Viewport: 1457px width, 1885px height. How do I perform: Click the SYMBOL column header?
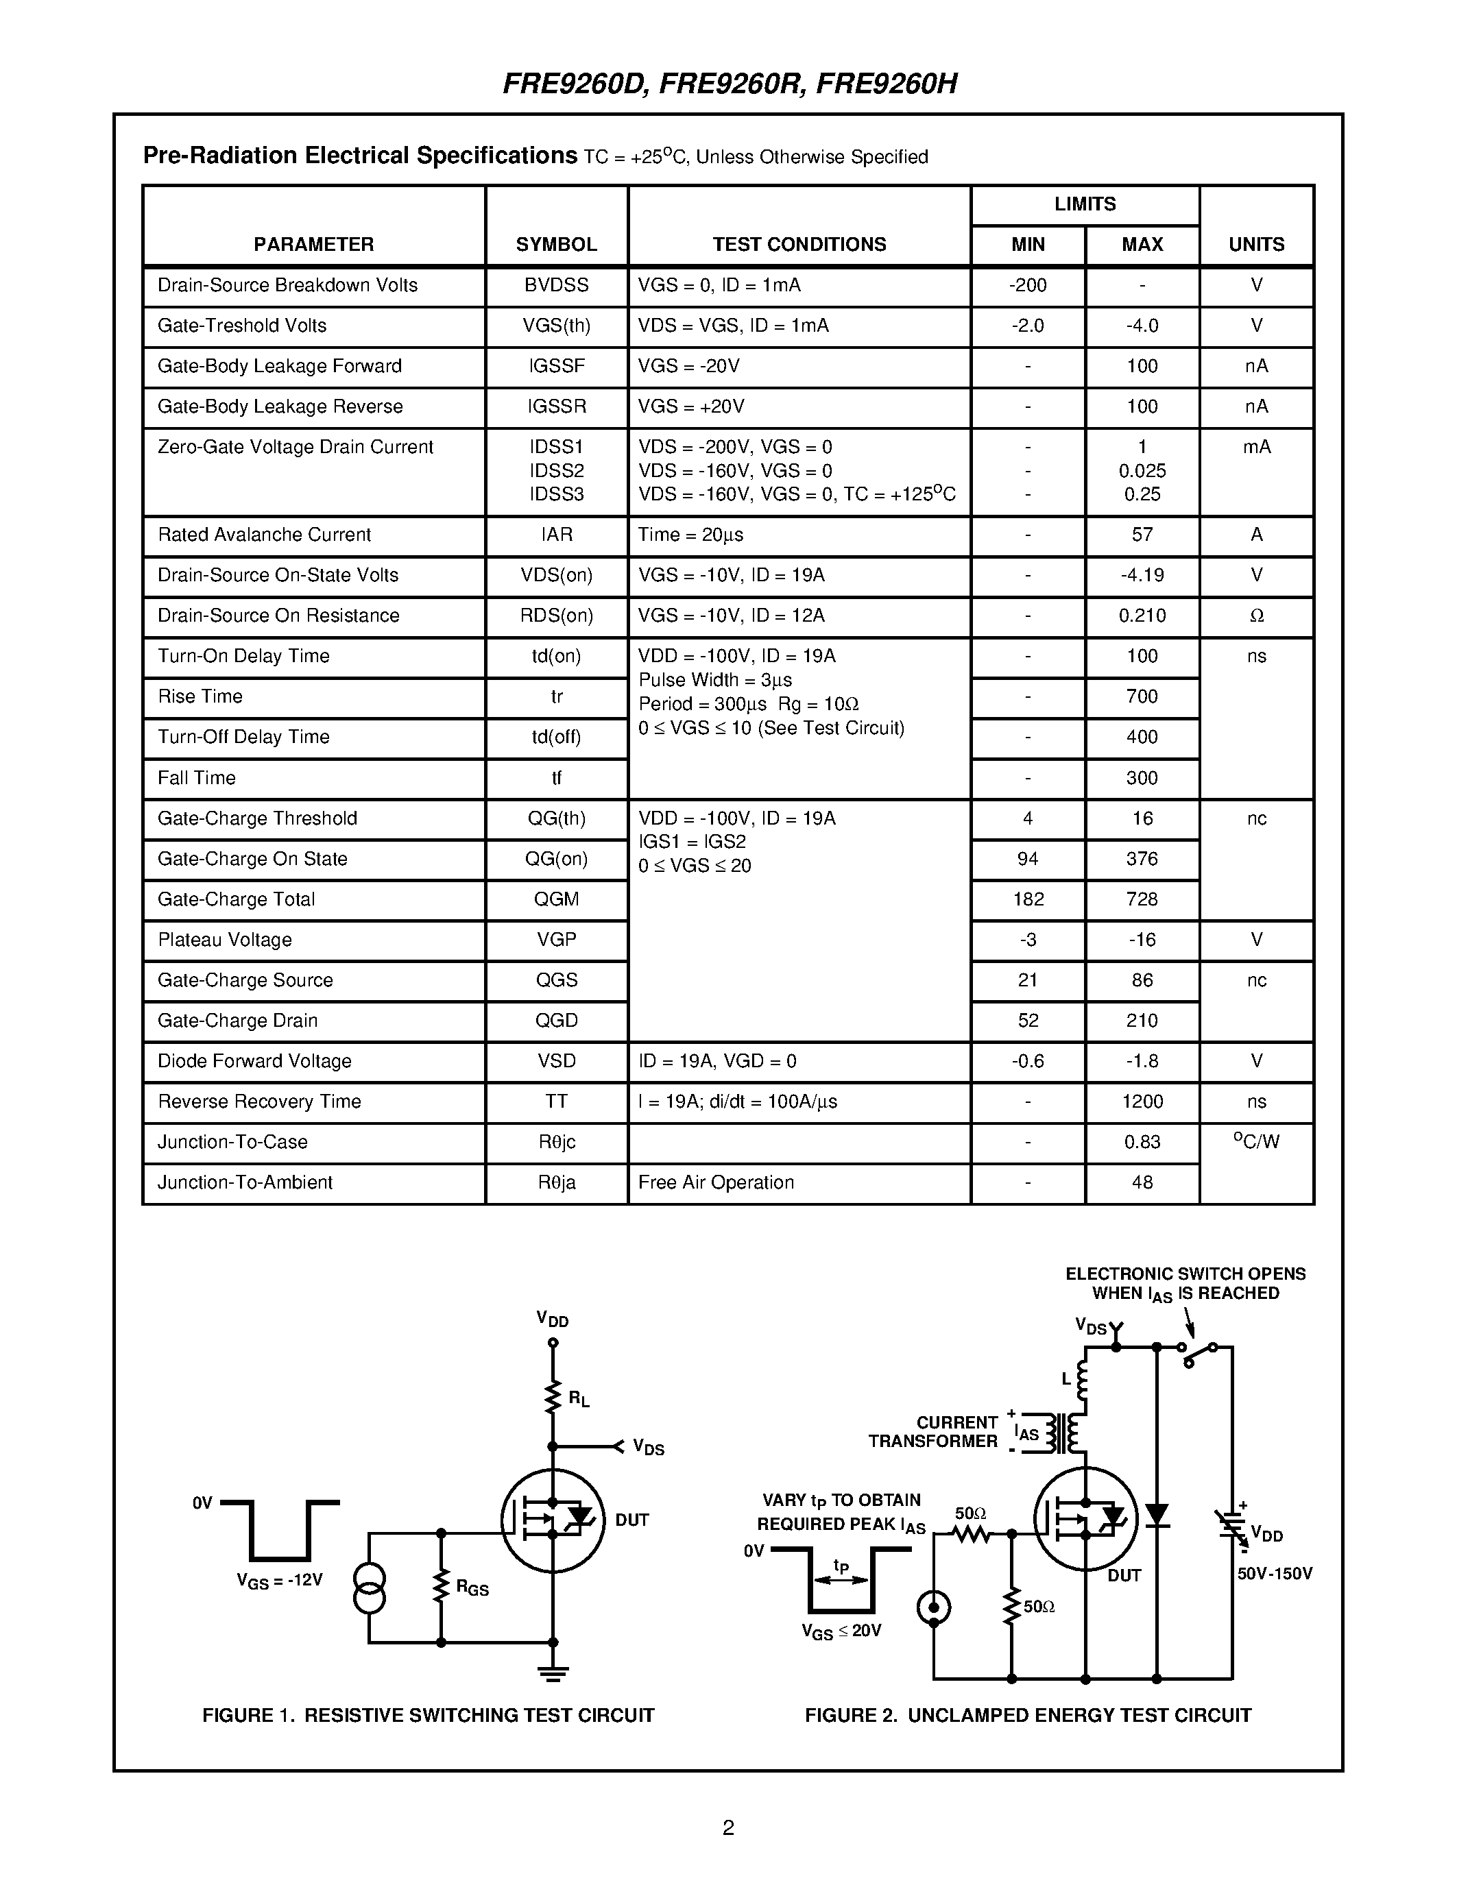556,244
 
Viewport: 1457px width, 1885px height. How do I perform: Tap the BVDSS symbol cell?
556,285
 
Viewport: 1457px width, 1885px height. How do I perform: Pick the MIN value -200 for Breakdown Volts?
1027,285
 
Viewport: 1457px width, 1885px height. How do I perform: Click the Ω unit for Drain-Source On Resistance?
1256,616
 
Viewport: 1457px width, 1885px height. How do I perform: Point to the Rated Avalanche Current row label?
264,534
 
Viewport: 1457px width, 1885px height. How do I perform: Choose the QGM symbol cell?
556,899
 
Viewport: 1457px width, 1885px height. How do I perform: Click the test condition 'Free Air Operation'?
716,1182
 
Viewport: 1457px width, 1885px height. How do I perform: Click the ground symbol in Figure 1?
553,1674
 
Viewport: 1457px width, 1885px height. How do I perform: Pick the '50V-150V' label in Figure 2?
1274,1573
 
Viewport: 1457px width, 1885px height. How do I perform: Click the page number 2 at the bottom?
727,1827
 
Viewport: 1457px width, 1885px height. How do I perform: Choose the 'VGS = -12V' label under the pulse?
279,1581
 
